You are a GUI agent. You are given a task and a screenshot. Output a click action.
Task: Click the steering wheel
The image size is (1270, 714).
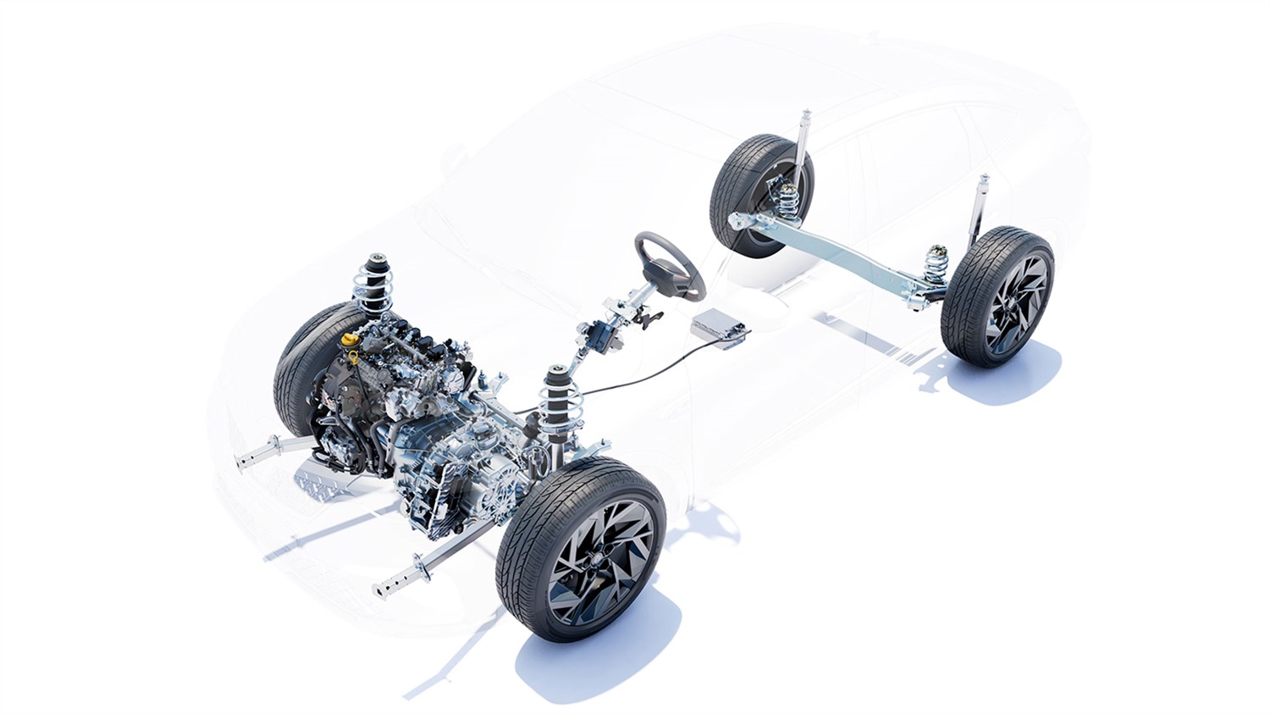point(670,264)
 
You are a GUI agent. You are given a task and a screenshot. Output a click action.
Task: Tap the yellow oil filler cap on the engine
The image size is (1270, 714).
point(349,339)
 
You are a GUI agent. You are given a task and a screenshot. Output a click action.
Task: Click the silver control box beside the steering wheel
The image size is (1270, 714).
point(719,329)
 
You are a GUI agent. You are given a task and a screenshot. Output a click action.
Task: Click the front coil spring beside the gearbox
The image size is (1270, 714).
point(560,396)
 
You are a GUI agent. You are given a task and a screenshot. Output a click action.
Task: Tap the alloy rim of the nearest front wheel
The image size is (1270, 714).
point(600,551)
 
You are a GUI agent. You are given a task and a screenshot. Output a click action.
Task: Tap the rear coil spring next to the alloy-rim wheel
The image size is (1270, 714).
point(936,263)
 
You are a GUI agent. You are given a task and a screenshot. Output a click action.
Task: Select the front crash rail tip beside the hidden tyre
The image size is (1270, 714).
point(254,458)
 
